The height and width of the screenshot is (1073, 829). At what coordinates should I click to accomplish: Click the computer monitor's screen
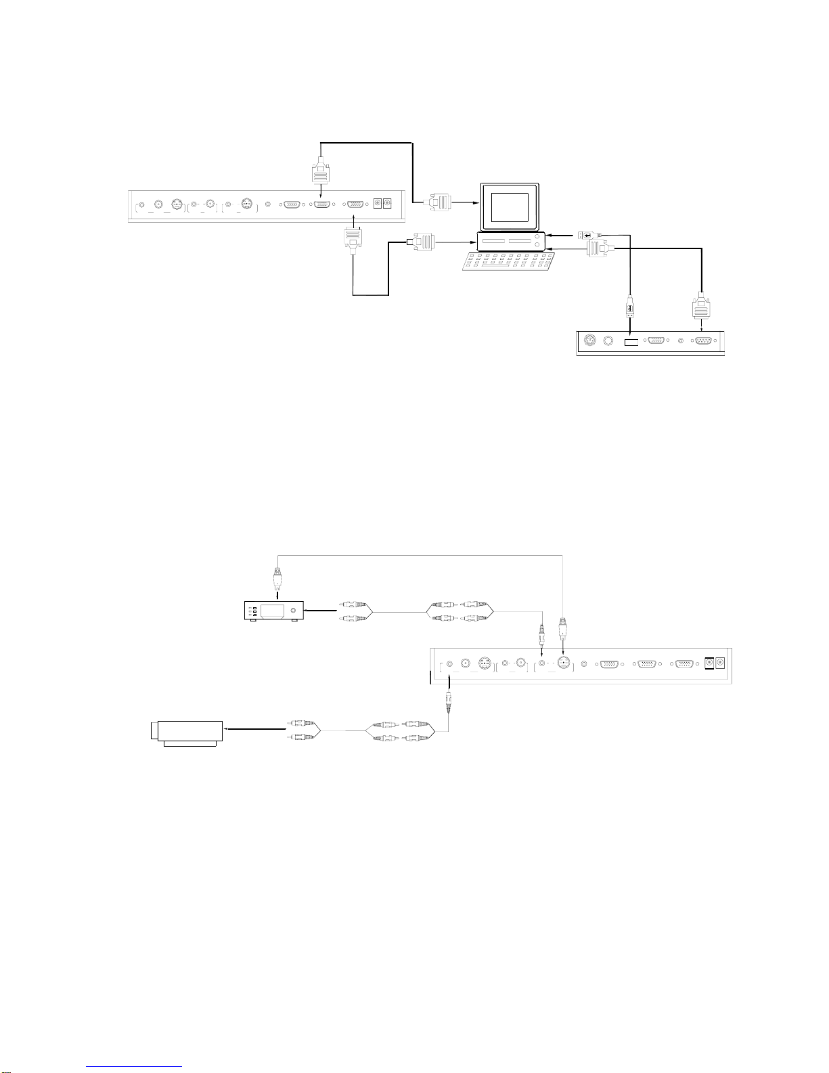pyautogui.click(x=510, y=206)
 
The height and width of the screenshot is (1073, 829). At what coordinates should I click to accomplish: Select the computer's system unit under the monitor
pyautogui.click(x=511, y=240)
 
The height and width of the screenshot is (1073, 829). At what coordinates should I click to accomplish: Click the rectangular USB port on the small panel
pyautogui.click(x=631, y=343)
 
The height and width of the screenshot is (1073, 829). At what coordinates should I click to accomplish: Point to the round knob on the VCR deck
pyautogui.click(x=293, y=611)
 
